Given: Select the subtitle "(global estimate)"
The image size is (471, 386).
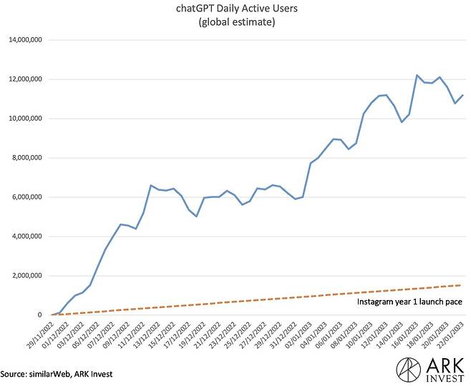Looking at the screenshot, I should click(235, 23).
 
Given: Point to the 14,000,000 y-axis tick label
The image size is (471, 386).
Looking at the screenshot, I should click(24, 40).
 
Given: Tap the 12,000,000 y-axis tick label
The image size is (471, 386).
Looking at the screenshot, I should click(24, 79).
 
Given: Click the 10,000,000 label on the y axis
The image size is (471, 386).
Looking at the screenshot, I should click(24, 119).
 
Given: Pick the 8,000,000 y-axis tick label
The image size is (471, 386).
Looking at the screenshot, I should click(26, 158).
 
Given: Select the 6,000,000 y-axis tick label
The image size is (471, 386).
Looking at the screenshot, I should click(26, 197).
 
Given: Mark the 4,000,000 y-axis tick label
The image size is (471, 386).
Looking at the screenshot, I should click(26, 237).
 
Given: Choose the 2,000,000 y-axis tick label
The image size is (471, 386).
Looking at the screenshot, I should click(26, 276).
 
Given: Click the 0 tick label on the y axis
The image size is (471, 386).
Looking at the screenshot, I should click(41, 315).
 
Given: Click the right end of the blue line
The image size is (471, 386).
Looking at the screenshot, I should click(463, 95).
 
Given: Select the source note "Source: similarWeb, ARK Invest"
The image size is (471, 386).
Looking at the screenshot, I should click(57, 373).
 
